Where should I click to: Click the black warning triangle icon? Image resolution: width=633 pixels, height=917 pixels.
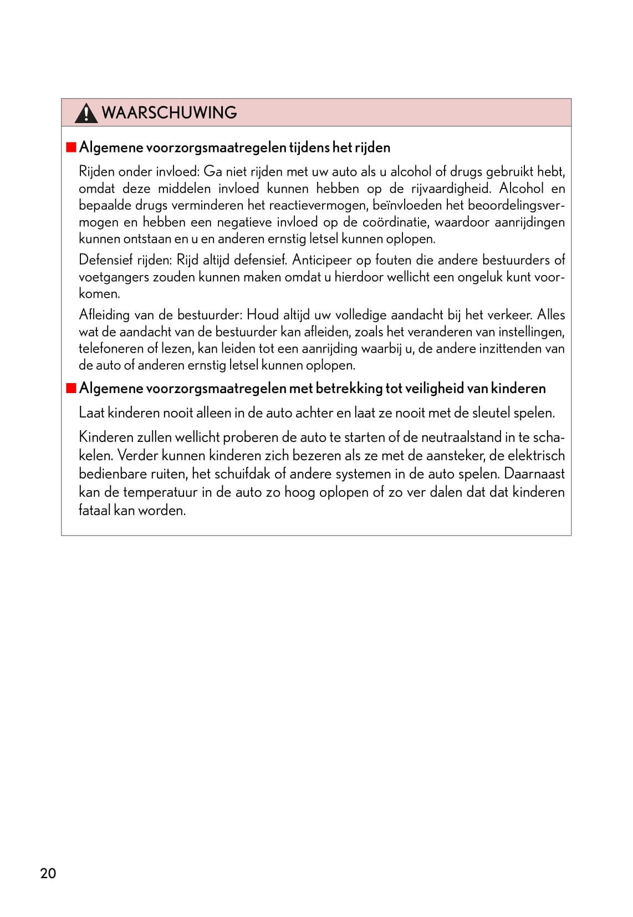tap(86, 113)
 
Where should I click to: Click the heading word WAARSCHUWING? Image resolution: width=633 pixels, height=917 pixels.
tap(169, 113)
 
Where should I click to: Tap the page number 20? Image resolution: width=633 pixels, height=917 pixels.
tap(48, 873)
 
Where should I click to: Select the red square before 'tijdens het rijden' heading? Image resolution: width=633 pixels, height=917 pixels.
tap(71, 147)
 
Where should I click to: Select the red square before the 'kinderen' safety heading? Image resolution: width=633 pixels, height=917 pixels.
tap(71, 388)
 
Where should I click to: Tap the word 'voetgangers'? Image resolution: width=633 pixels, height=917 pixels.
tap(114, 277)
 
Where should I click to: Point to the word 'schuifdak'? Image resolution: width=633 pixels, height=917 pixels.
tap(242, 474)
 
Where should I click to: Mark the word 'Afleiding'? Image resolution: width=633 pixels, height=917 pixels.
tap(104, 315)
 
